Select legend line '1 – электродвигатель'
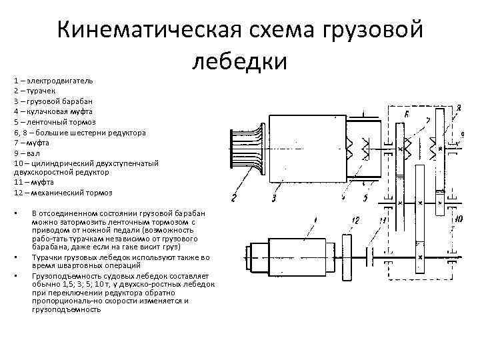[53, 80]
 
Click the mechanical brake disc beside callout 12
[347, 254]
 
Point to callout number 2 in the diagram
[234, 197]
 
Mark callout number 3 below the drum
[275, 197]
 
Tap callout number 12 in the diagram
[355, 219]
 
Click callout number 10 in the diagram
[458, 219]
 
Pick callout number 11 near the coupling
[381, 220]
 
